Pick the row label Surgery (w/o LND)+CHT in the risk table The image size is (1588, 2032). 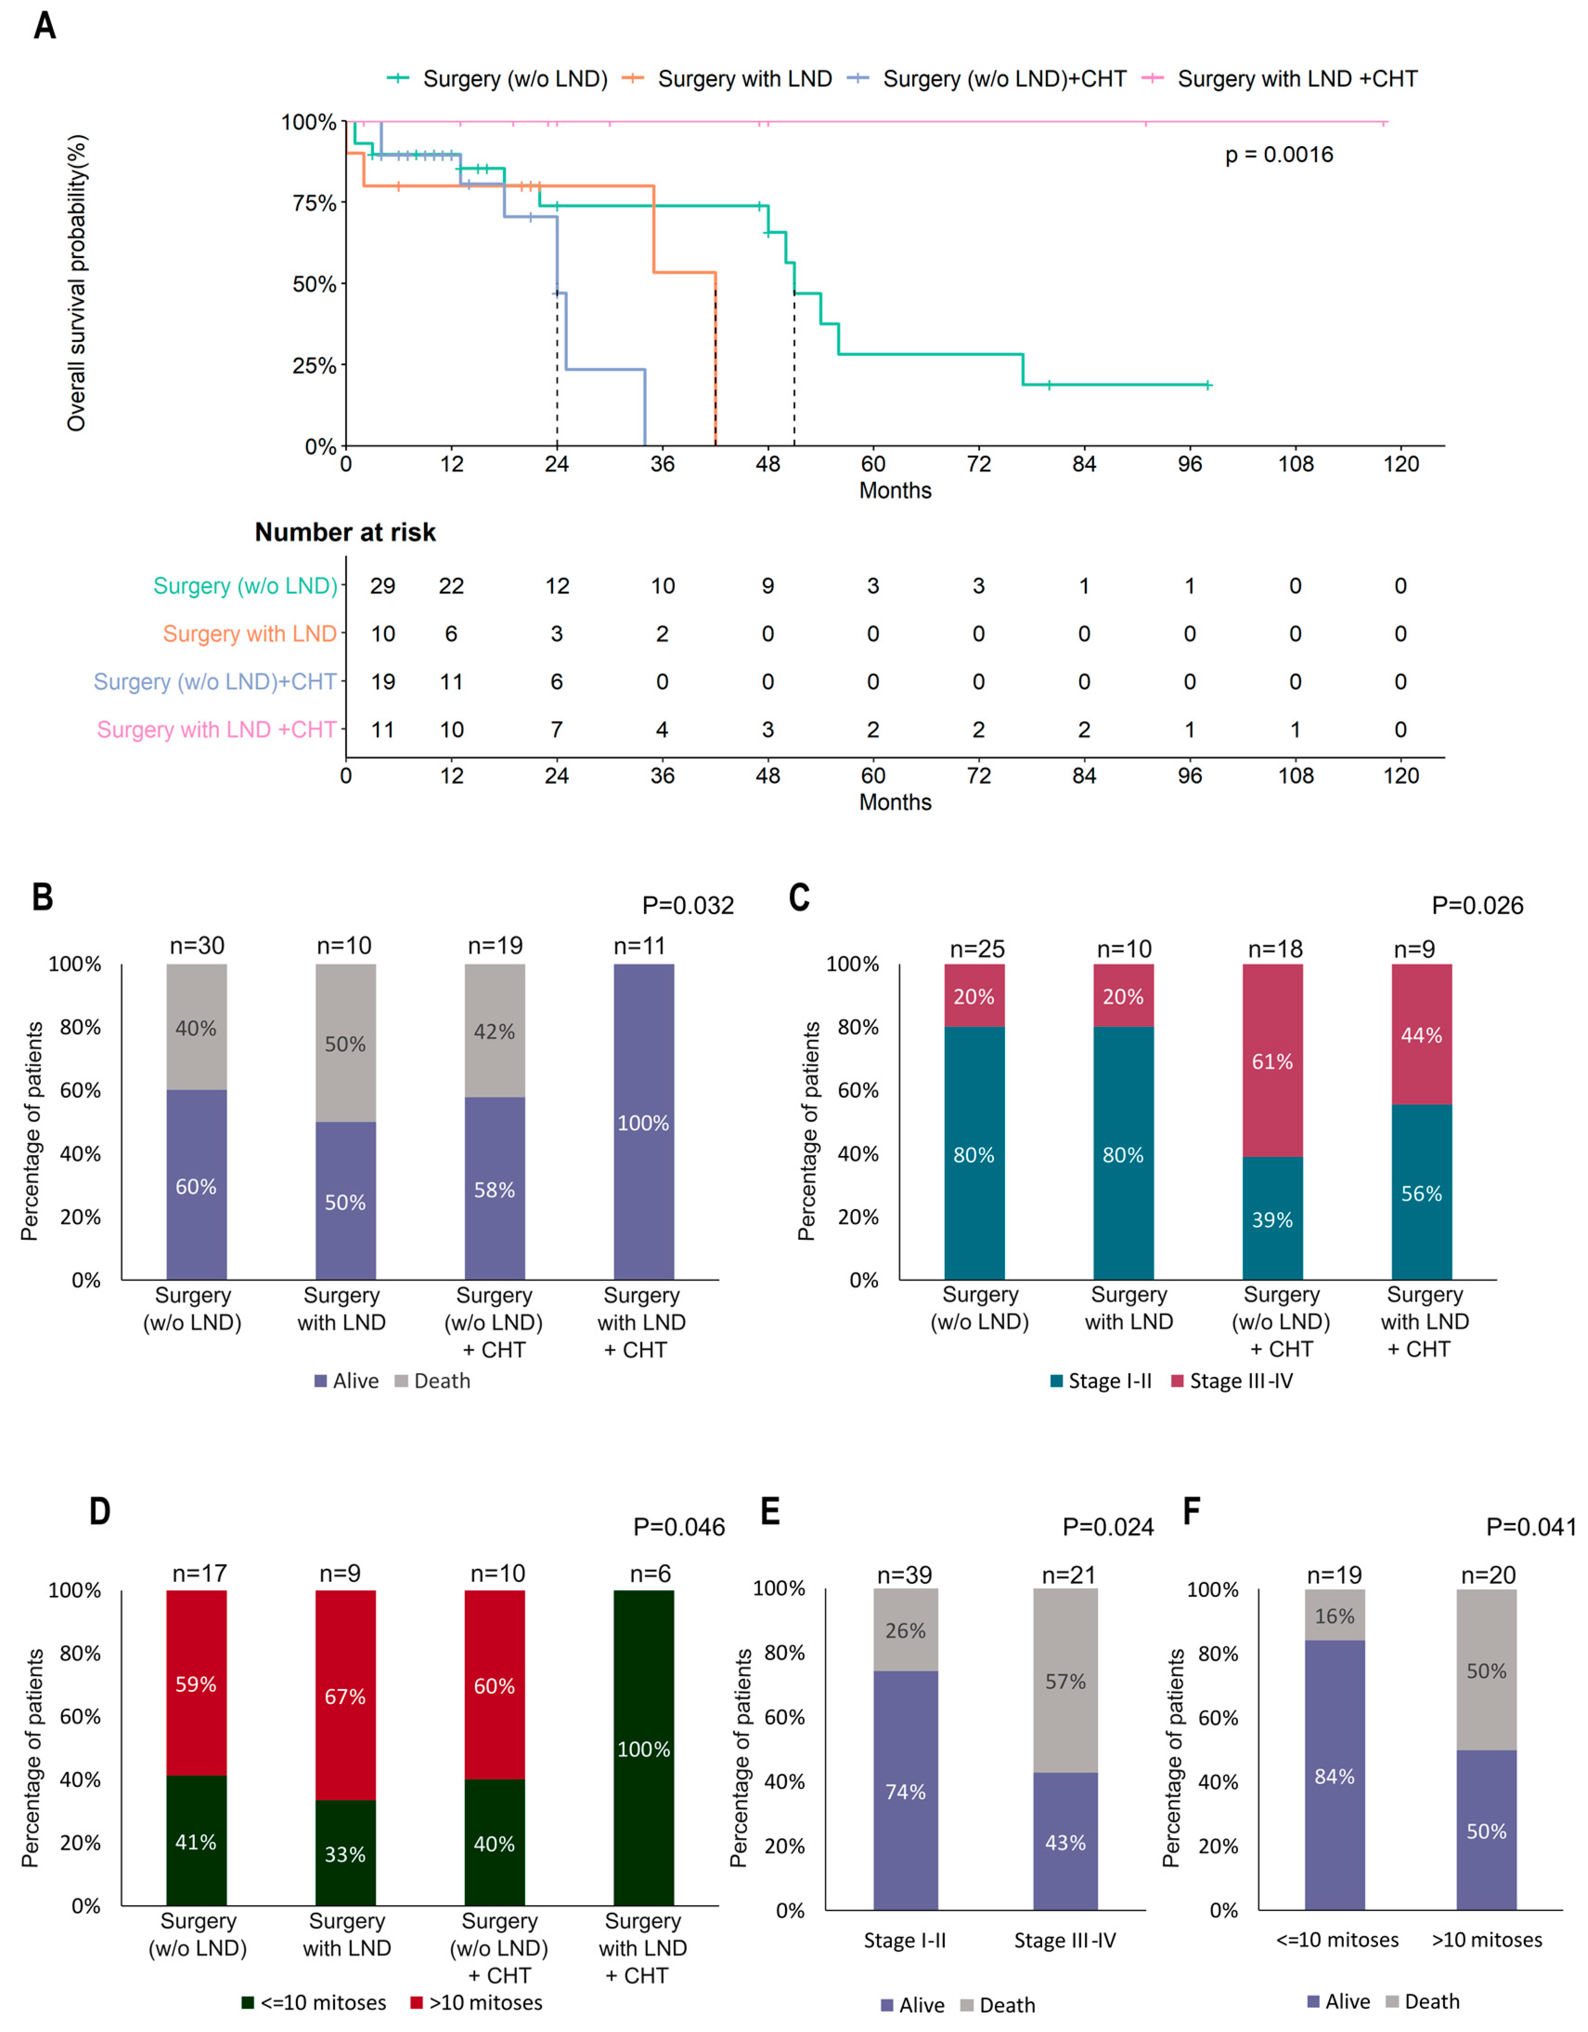click(215, 682)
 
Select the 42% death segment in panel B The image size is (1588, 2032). click(494, 1031)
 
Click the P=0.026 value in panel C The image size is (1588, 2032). click(1477, 905)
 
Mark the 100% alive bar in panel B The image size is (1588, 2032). click(644, 1122)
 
